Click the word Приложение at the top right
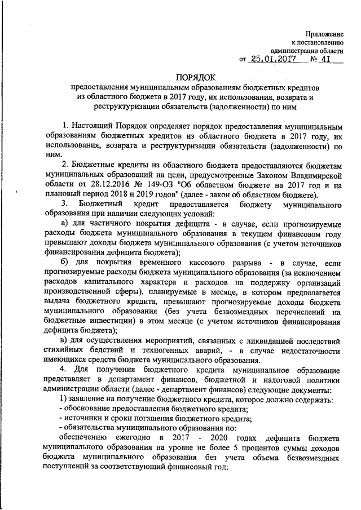point(326,34)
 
